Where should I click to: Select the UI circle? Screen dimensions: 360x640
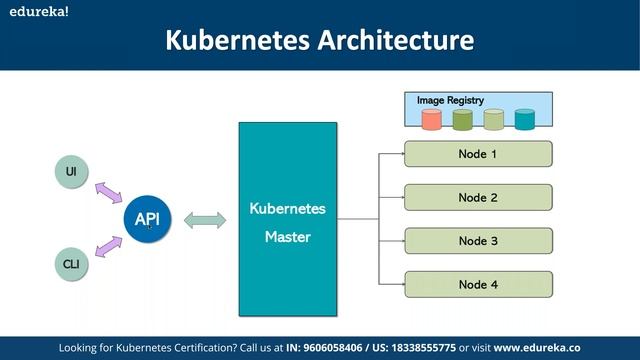pos(71,172)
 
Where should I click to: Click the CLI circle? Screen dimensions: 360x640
pos(71,264)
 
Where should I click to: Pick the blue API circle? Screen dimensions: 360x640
pos(147,218)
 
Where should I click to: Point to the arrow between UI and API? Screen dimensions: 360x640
pos(109,192)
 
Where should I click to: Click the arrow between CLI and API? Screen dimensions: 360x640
pos(109,244)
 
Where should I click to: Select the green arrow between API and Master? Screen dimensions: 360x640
pos(203,218)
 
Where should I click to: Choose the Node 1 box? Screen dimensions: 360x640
pos(477,154)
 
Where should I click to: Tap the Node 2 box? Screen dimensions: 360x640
pos(477,197)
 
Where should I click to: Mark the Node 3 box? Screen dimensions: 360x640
pos(477,240)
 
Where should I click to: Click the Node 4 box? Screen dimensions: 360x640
pos(477,284)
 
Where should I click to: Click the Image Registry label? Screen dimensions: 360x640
pos(450,101)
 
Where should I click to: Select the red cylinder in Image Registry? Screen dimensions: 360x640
pos(431,120)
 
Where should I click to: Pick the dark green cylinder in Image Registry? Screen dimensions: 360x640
pos(462,120)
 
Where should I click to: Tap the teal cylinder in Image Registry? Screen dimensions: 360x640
pos(524,120)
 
